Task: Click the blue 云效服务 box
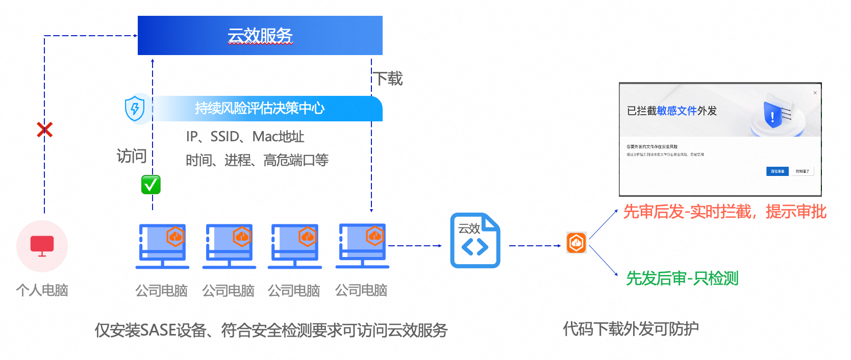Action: click(x=260, y=35)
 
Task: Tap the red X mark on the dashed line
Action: click(x=44, y=130)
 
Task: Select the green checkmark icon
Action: click(x=151, y=185)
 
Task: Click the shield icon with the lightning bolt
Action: click(x=135, y=109)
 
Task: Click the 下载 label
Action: click(x=389, y=79)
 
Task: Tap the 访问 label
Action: click(x=132, y=156)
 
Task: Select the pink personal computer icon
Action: click(x=42, y=246)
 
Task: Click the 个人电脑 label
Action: click(x=42, y=290)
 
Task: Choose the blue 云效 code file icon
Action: click(x=475, y=241)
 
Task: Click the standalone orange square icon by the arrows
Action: click(x=577, y=243)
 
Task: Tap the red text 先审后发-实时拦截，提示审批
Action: click(x=724, y=212)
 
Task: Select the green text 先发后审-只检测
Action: click(x=682, y=278)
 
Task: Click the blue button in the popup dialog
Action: click(x=777, y=171)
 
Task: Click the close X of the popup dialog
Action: click(x=815, y=93)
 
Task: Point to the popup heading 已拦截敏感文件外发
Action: click(x=671, y=111)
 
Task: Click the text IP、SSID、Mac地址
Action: click(x=245, y=137)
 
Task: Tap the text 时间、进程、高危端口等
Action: click(x=257, y=160)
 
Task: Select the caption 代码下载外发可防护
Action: click(x=631, y=329)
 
